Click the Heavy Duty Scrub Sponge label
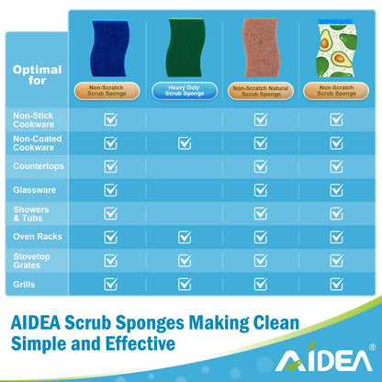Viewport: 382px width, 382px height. [185, 91]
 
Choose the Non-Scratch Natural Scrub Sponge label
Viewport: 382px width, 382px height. [260, 91]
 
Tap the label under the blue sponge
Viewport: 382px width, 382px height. [110, 91]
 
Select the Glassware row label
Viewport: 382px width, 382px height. [34, 190]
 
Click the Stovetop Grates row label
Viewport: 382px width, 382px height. [33, 262]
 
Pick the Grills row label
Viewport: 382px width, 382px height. [25, 285]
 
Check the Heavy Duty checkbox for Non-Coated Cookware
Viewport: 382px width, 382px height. [185, 142]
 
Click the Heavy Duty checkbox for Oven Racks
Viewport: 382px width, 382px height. [185, 237]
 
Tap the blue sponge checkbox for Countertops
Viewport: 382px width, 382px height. [110, 166]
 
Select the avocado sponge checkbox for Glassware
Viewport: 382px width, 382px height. [335, 190]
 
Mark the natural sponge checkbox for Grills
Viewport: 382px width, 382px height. [260, 285]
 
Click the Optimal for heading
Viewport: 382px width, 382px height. [37, 74]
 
